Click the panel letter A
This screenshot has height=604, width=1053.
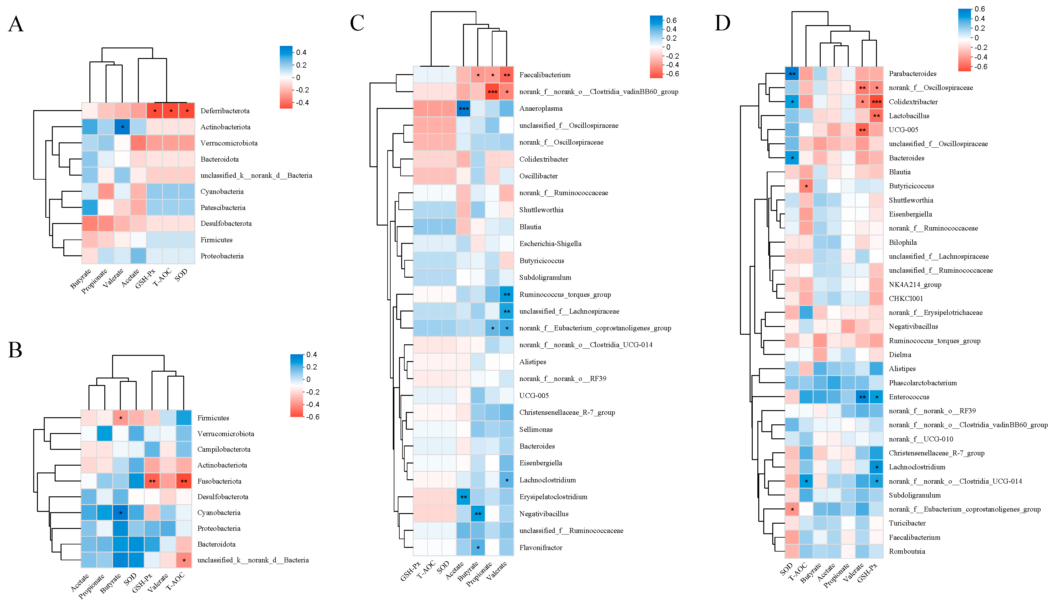point(16,24)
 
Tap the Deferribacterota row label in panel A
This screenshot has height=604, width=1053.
point(225,111)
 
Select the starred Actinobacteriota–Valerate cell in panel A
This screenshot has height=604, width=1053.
point(122,127)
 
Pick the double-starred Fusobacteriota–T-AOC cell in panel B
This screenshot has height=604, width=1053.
point(184,481)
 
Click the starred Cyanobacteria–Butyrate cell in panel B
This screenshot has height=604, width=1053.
point(120,513)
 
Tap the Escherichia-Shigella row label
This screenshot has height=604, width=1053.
point(550,244)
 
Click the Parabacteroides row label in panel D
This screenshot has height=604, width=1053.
point(912,74)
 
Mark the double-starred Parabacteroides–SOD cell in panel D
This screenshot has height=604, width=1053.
point(792,74)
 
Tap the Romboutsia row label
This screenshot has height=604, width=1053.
point(907,551)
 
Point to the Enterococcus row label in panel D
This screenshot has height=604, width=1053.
point(909,397)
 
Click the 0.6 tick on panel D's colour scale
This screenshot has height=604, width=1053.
point(979,9)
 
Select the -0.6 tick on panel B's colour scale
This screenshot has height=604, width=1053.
point(313,417)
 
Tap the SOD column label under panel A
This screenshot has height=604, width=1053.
point(181,275)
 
